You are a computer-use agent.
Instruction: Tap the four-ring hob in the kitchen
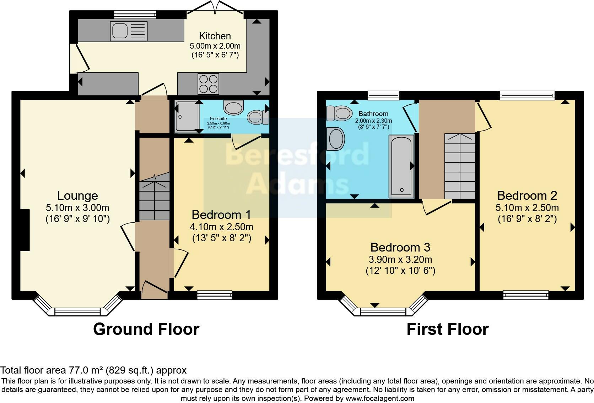209,84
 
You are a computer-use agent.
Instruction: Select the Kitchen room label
215,36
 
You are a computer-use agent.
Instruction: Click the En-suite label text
218,119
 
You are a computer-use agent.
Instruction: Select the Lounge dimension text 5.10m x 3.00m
77,208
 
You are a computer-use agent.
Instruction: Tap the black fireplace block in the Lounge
25,230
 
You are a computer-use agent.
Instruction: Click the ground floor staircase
154,197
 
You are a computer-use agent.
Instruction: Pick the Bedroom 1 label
221,215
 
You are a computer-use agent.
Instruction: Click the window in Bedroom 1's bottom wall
214,295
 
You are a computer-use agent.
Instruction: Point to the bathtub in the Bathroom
401,166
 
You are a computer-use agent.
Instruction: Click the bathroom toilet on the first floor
339,113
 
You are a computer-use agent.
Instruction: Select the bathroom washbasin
336,139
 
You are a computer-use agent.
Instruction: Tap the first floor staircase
460,166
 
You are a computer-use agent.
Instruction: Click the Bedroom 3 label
400,247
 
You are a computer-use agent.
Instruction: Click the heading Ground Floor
146,329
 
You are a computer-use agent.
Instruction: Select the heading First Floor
447,329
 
